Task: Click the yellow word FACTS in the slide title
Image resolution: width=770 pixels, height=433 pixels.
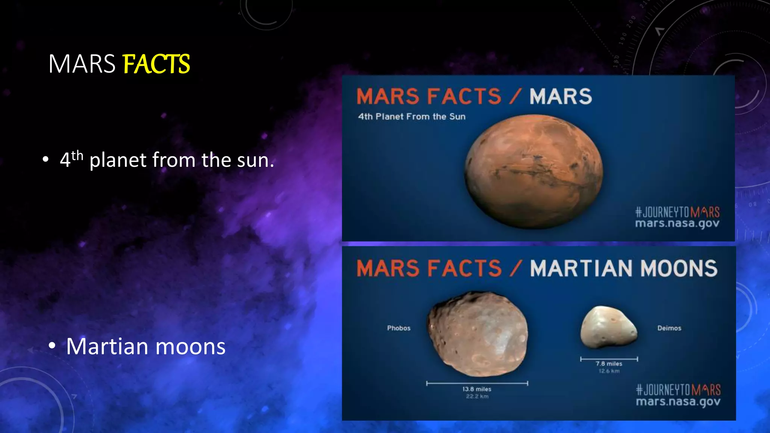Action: click(x=156, y=64)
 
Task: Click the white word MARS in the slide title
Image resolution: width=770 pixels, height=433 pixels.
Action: click(x=82, y=64)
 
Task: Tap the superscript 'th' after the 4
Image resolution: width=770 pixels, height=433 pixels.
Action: click(x=77, y=155)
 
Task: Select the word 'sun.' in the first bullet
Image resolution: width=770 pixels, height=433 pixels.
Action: click(x=255, y=160)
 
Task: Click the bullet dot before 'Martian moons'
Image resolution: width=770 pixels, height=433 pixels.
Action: click(x=52, y=345)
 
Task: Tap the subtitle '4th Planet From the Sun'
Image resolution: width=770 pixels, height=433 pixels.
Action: click(x=412, y=117)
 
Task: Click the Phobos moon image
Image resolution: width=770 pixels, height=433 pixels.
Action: click(x=477, y=334)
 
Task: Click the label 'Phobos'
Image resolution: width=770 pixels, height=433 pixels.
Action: click(x=399, y=328)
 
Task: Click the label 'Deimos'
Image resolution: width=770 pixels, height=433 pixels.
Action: click(x=669, y=328)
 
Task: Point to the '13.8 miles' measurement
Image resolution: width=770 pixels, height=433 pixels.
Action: click(x=477, y=389)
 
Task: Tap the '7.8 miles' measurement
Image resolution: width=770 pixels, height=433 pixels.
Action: click(x=609, y=363)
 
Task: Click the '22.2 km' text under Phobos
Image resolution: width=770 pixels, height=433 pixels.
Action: click(x=477, y=396)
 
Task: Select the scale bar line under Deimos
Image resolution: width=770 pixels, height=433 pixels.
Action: click(x=609, y=359)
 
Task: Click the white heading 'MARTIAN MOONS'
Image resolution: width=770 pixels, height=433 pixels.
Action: click(x=623, y=268)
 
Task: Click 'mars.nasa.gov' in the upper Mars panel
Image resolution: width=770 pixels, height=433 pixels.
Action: click(x=677, y=224)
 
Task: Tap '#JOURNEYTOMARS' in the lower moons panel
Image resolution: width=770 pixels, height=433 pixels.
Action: click(x=678, y=390)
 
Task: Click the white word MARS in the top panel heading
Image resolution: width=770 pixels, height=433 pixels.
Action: click(x=561, y=97)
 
